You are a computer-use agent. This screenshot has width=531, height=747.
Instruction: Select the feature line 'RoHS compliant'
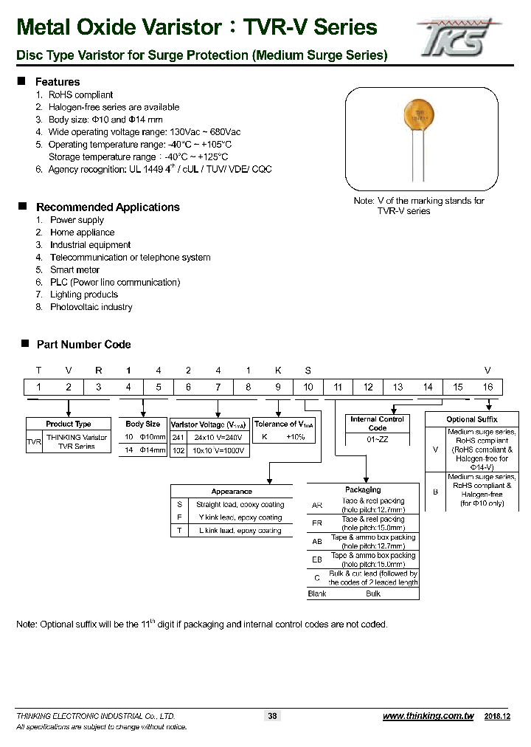click(80, 94)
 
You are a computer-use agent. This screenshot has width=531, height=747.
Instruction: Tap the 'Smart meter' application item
click(75, 270)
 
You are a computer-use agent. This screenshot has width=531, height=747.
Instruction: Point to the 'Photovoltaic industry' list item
click(91, 307)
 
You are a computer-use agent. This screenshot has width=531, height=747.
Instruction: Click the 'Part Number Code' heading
click(83, 345)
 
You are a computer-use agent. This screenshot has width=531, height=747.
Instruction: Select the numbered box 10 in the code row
click(308, 387)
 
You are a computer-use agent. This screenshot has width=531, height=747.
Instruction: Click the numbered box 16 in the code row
click(487, 387)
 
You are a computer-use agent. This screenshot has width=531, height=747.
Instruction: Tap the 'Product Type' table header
click(69, 424)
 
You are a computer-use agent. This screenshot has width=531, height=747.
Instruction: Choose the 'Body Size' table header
click(142, 424)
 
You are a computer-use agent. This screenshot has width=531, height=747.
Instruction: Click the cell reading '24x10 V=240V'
click(218, 438)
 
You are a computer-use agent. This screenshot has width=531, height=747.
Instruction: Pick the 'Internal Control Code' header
click(377, 424)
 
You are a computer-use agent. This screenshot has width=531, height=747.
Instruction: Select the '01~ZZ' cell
click(377, 438)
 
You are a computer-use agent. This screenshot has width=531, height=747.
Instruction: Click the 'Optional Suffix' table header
click(472, 419)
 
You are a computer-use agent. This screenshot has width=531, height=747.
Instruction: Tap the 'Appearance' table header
click(232, 492)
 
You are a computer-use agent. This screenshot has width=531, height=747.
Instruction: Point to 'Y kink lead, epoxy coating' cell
click(239, 517)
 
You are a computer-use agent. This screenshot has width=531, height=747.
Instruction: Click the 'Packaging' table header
click(363, 489)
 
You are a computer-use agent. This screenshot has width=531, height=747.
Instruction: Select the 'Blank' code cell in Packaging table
click(316, 593)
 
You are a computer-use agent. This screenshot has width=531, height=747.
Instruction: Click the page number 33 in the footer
click(272, 715)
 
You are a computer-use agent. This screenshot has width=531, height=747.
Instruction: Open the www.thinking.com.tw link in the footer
click(428, 716)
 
